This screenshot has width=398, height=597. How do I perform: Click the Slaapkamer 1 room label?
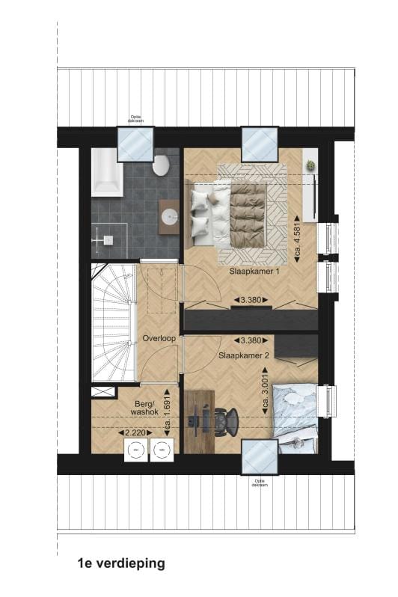coord(254,272)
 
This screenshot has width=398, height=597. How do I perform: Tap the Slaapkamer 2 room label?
coord(244,356)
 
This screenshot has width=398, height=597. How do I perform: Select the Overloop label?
coord(159,338)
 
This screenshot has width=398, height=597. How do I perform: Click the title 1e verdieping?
coord(120,563)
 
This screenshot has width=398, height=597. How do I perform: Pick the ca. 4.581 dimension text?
coord(298,233)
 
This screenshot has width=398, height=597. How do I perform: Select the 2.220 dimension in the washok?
coord(135,432)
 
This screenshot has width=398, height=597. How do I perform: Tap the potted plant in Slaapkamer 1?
coord(310,164)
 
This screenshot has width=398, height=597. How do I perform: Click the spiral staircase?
coord(112,322)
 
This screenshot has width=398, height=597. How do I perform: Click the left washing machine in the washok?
coord(136,450)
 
